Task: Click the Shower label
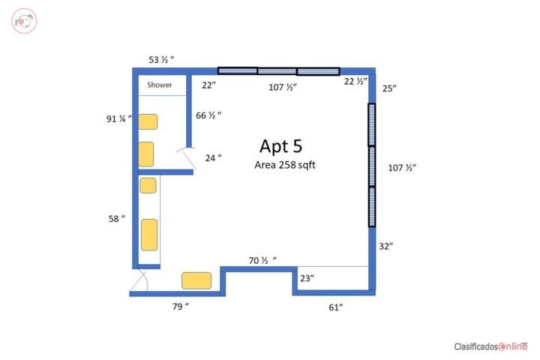click(160, 85)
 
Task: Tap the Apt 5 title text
click(281, 146)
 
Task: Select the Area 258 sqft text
click(285, 165)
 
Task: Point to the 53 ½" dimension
click(161, 59)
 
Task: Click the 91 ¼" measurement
click(118, 118)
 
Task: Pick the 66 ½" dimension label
click(208, 115)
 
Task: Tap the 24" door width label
click(213, 158)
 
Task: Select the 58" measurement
click(117, 219)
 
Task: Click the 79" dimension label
click(181, 306)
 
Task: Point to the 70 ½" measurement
click(262, 260)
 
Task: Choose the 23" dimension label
click(307, 278)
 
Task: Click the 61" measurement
click(335, 307)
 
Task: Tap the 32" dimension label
click(386, 246)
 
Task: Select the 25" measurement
click(389, 88)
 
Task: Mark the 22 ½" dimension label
click(355, 81)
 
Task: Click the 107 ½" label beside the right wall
click(402, 168)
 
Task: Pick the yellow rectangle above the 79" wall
click(196, 280)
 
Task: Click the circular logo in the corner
click(24, 21)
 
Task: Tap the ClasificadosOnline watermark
click(490, 346)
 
